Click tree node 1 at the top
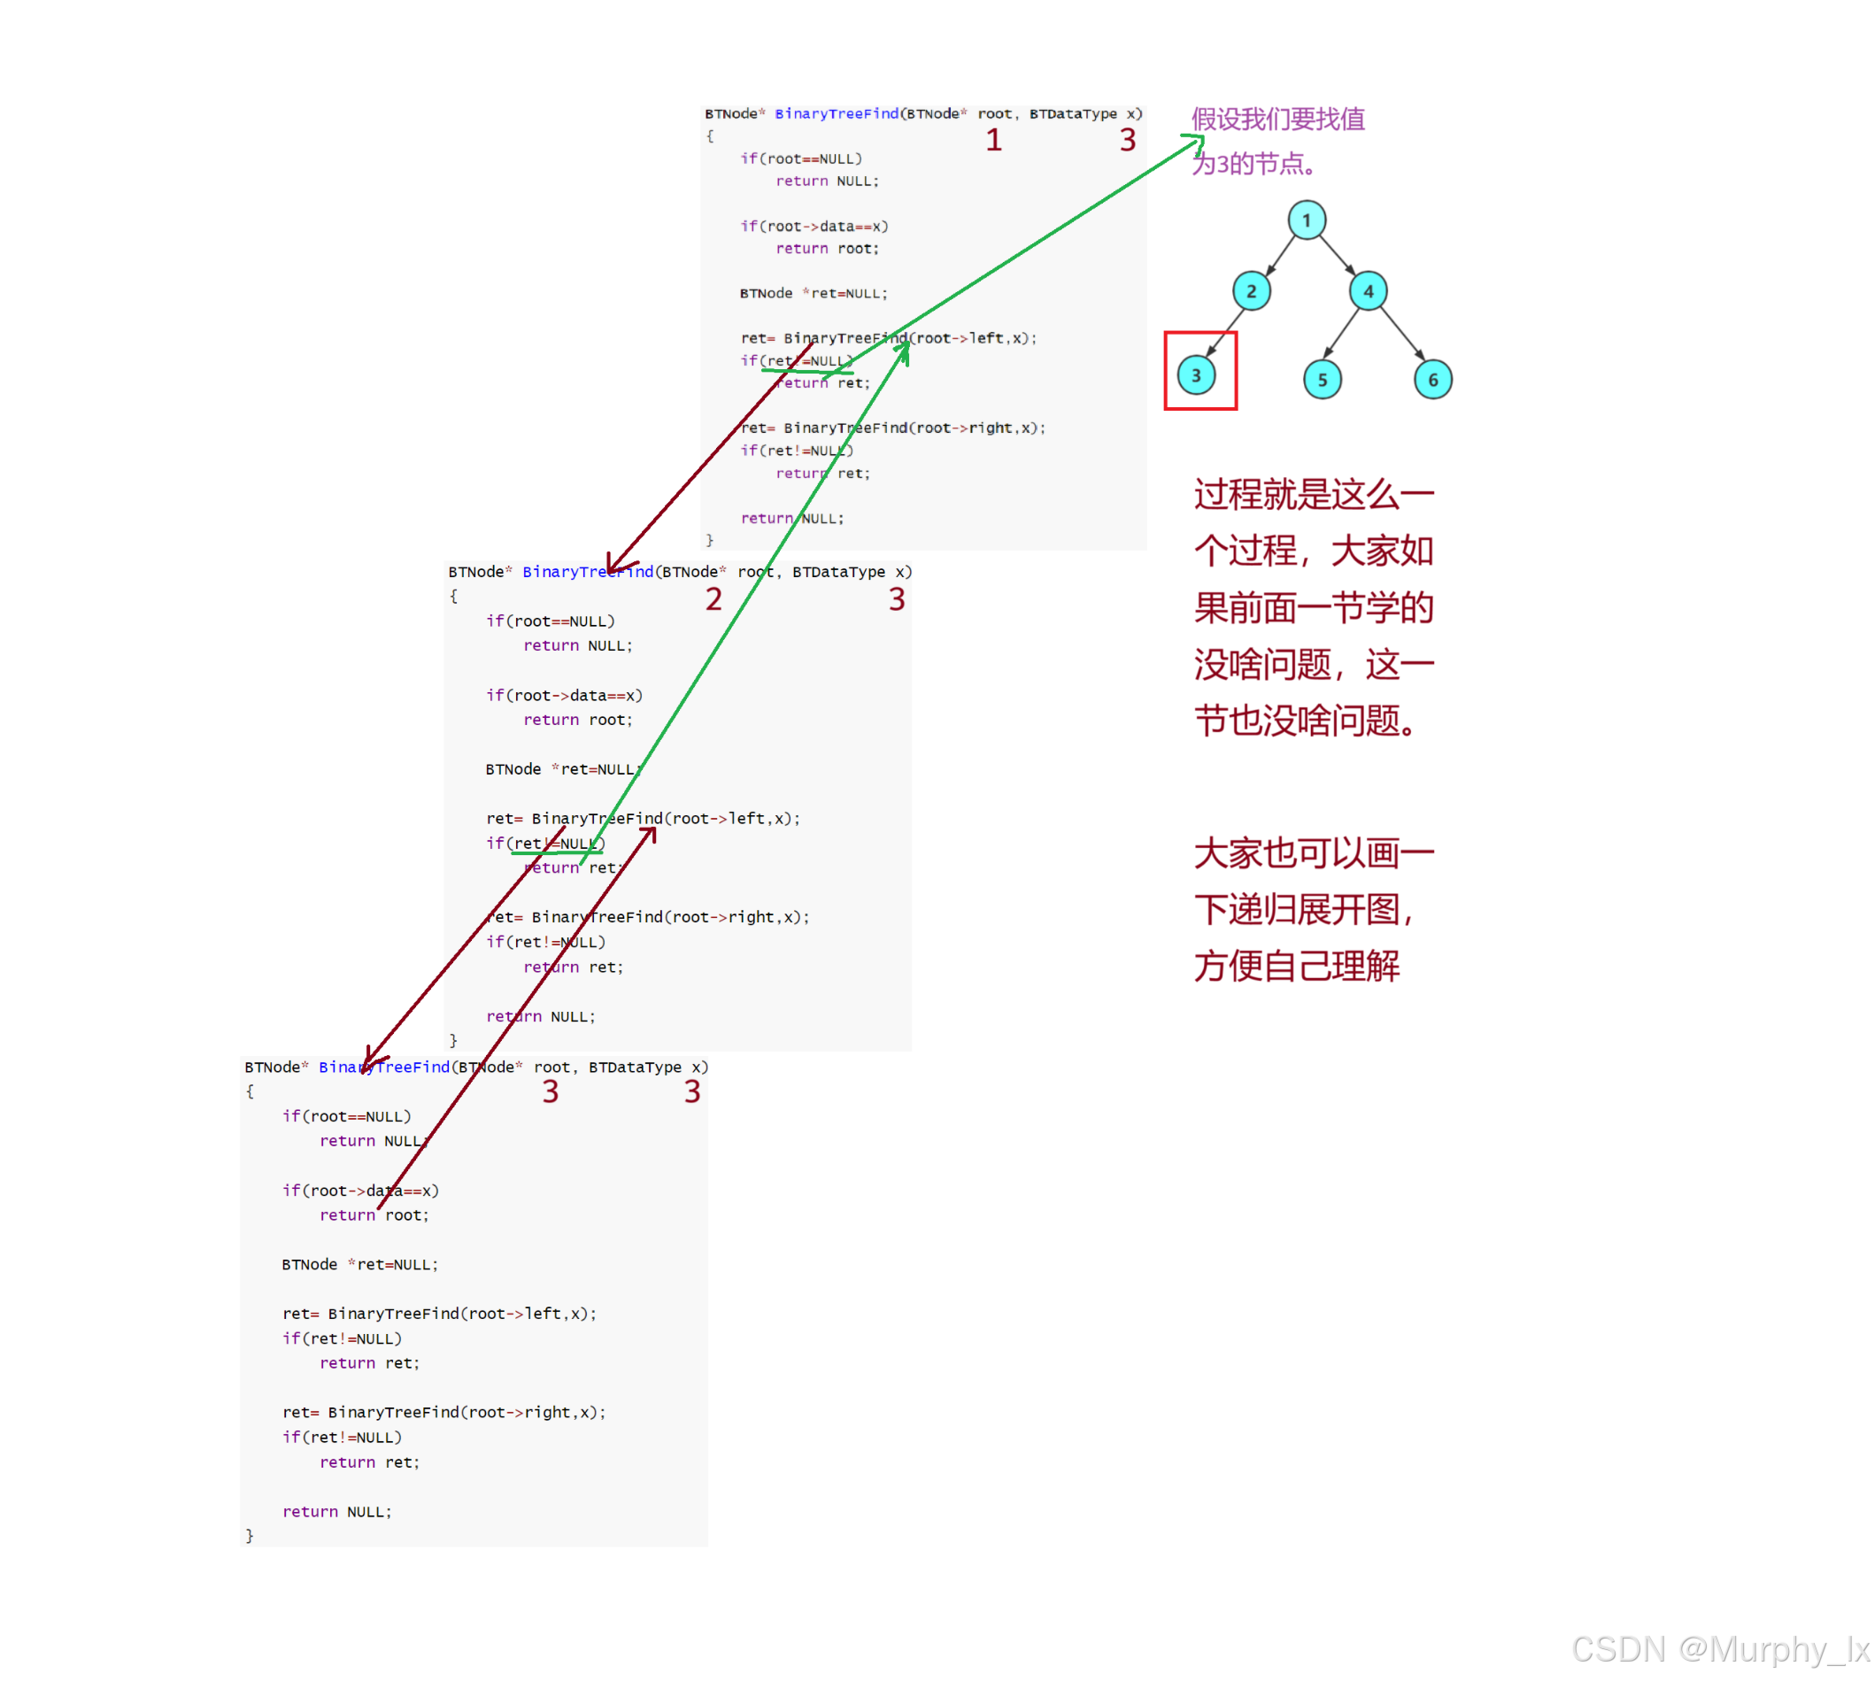click(x=1305, y=220)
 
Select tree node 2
click(x=1251, y=291)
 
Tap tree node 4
click(x=1367, y=291)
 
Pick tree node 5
click(x=1322, y=380)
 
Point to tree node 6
click(x=1431, y=380)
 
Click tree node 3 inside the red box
click(x=1196, y=375)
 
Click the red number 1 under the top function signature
click(x=993, y=141)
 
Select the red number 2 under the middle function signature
click(x=713, y=599)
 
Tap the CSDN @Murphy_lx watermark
click(x=1719, y=1648)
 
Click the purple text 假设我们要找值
click(x=1277, y=120)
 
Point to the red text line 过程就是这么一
click(x=1313, y=494)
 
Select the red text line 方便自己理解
click(x=1296, y=966)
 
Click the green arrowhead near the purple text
click(x=1194, y=143)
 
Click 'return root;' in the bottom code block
click(x=374, y=1215)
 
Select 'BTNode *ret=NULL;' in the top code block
click(x=813, y=294)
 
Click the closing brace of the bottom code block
click(x=250, y=1535)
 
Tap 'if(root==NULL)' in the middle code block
click(x=550, y=621)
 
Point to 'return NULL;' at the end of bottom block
click(x=337, y=1511)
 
